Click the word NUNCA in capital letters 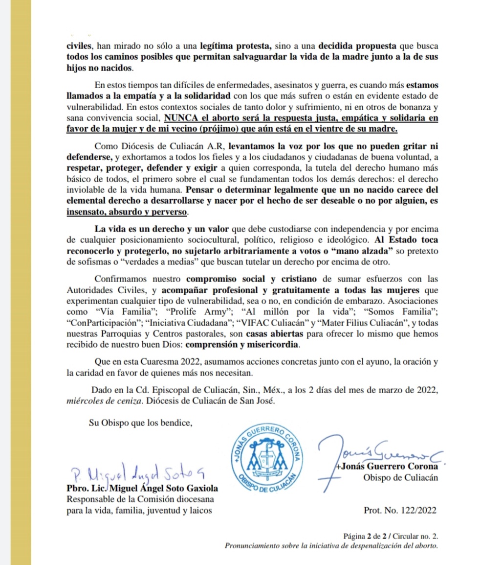(x=182, y=118)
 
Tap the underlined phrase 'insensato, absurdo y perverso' (x=127, y=213)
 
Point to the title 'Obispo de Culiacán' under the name (x=401, y=478)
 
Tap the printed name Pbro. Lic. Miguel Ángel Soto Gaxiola (x=142, y=489)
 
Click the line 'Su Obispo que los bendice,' (x=139, y=423)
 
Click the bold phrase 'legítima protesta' (x=236, y=47)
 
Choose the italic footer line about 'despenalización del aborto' (x=330, y=545)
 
